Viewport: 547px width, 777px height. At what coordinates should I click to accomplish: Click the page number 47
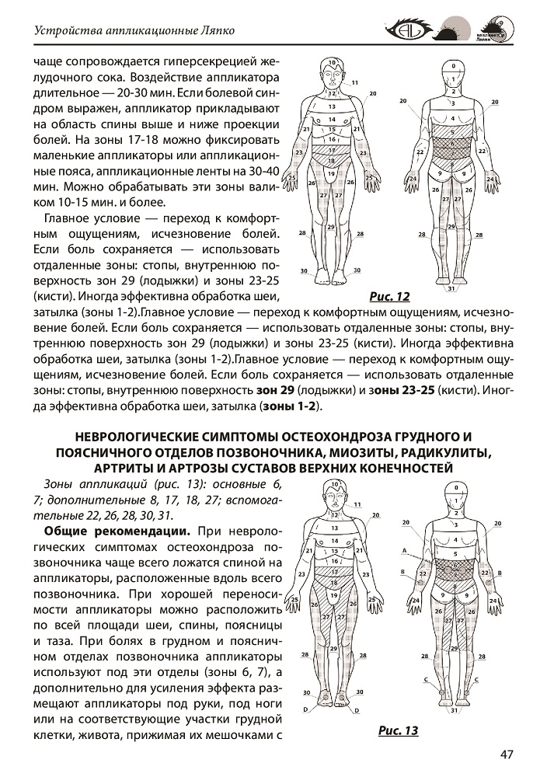[509, 754]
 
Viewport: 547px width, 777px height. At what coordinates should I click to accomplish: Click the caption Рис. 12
[391, 296]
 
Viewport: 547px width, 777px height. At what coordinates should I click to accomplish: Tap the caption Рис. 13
[398, 730]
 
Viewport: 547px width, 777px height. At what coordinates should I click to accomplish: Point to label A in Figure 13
[405, 549]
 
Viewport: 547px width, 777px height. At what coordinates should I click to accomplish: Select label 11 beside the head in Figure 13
[357, 504]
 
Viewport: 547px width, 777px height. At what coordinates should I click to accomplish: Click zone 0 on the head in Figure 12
[451, 66]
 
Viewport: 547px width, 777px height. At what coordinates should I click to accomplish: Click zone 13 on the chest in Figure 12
[332, 105]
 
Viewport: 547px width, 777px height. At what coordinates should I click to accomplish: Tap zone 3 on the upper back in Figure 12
[451, 102]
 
